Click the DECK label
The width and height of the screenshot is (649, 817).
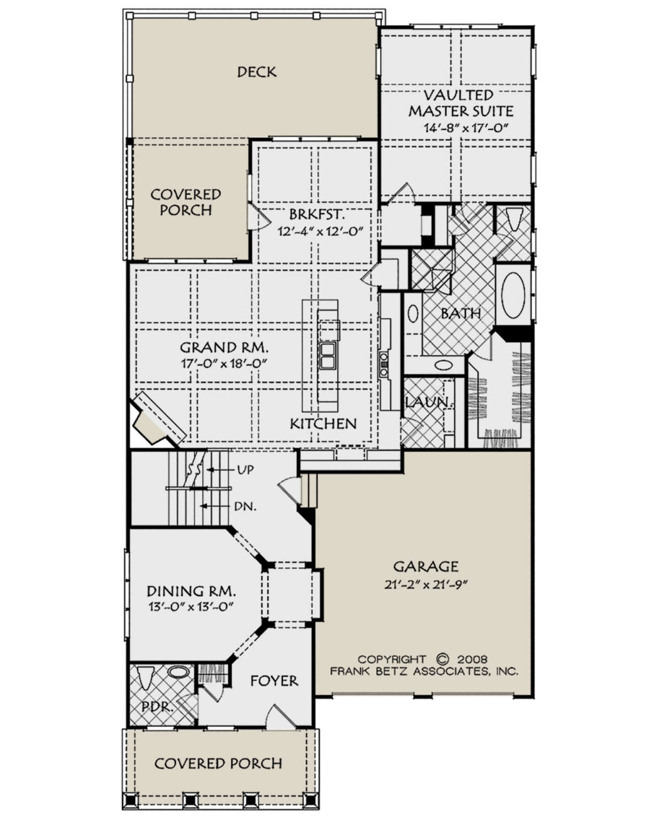pyautogui.click(x=256, y=72)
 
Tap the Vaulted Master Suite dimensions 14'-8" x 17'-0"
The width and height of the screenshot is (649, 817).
pyautogui.click(x=466, y=128)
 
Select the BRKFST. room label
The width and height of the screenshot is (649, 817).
pyautogui.click(x=317, y=215)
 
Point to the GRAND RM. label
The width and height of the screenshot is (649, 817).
pyautogui.click(x=224, y=347)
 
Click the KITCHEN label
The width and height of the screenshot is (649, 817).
pyautogui.click(x=323, y=423)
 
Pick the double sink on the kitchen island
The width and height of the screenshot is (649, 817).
pyautogui.click(x=327, y=356)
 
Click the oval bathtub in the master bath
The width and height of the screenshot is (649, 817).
pyautogui.click(x=513, y=295)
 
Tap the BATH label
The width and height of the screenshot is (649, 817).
pyautogui.click(x=461, y=313)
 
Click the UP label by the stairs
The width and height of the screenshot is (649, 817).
pyautogui.click(x=245, y=470)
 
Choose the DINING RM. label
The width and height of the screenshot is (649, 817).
pyautogui.click(x=191, y=591)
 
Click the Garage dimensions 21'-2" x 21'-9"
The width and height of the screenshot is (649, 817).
pyautogui.click(x=425, y=584)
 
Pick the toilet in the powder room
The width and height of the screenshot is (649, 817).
pyautogui.click(x=146, y=677)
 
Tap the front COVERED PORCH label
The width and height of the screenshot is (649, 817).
pyautogui.click(x=218, y=763)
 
